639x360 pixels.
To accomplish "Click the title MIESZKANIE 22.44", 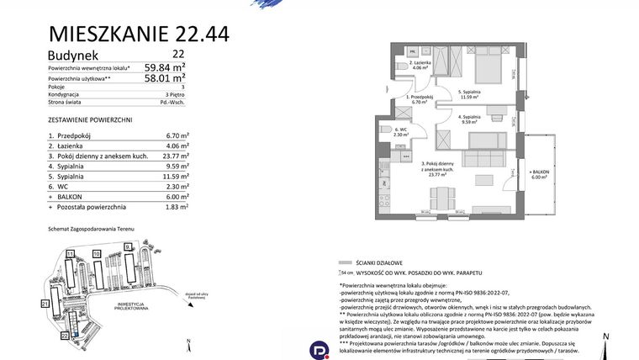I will pyautogui.click(x=139, y=34).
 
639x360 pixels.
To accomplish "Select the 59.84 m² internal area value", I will pyautogui.click(x=165, y=66).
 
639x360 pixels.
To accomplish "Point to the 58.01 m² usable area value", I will pyautogui.click(x=165, y=80).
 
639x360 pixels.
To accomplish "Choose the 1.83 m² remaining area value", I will pyautogui.click(x=175, y=206).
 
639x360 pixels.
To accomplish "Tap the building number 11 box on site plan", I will pyautogui.click(x=71, y=252).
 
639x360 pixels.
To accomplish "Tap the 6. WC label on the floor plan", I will pyautogui.click(x=399, y=130).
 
